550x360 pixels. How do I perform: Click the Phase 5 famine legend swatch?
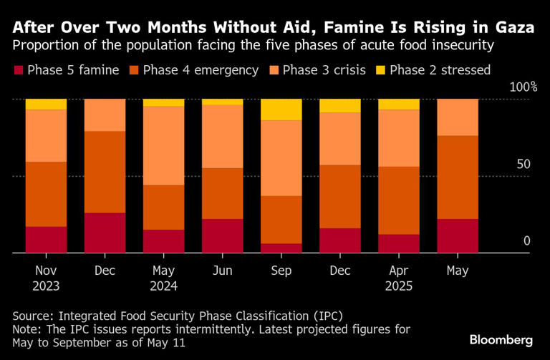[18, 70]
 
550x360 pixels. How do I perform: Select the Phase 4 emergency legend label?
[201, 70]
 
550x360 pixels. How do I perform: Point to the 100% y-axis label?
[524, 87]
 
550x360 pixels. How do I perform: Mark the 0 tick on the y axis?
[526, 241]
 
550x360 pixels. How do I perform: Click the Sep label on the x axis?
[281, 271]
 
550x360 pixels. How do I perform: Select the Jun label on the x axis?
[223, 271]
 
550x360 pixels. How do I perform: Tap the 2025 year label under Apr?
[399, 286]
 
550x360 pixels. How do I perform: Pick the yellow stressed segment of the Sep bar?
[281, 110]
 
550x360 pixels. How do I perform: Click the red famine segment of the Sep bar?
[281, 248]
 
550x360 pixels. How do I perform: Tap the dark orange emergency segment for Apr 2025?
[399, 200]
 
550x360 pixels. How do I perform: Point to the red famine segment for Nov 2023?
[47, 239]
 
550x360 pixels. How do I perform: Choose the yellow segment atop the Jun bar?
[223, 102]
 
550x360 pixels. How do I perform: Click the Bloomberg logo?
[501, 338]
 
